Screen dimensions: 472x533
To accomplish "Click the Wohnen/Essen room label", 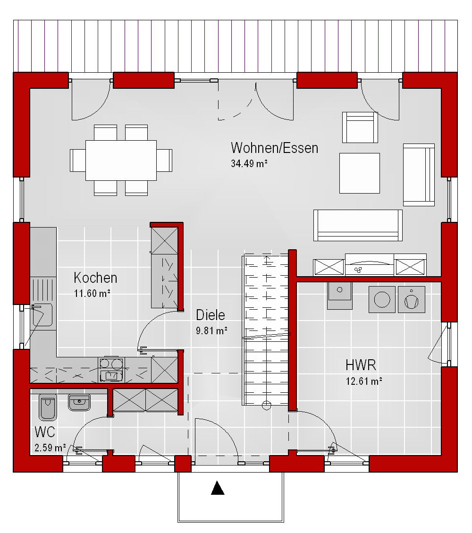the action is [x=275, y=148].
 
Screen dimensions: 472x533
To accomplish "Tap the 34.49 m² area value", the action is [x=249, y=163].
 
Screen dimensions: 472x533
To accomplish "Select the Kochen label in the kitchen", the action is [x=95, y=278].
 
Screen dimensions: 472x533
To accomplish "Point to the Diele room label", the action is [x=211, y=315].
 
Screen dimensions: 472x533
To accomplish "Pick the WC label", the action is [x=45, y=432].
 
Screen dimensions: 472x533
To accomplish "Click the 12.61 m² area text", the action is [x=364, y=381].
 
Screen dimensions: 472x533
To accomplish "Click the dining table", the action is [x=121, y=161].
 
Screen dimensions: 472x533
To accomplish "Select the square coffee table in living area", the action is [x=360, y=173].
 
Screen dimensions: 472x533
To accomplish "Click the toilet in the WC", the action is [x=48, y=407].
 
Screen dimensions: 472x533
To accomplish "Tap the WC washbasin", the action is [x=79, y=402].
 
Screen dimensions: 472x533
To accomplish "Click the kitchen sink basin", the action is [x=42, y=315].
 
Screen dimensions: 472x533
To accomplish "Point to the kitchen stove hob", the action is [x=111, y=369].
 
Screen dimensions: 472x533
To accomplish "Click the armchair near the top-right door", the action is [x=360, y=127].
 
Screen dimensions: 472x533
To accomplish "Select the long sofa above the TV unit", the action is [x=358, y=225].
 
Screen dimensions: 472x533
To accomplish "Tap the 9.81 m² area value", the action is [x=212, y=330].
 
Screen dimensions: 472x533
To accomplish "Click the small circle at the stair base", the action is [x=266, y=405].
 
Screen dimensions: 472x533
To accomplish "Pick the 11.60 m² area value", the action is [x=92, y=293].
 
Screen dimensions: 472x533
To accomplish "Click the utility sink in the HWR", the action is [x=340, y=296].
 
